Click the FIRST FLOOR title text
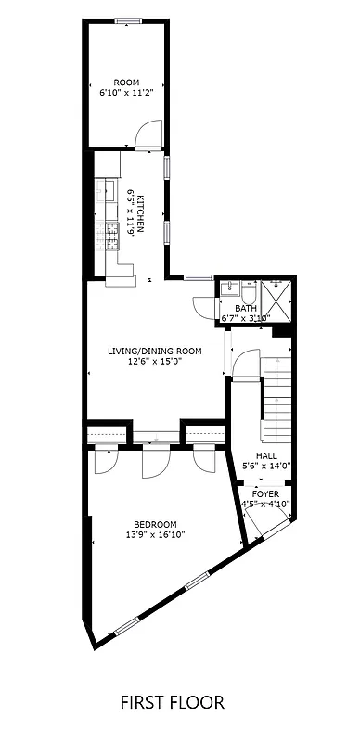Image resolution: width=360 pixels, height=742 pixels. [172, 702]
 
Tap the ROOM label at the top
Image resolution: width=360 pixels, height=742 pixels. [126, 82]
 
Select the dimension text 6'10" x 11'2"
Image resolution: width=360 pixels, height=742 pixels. [126, 93]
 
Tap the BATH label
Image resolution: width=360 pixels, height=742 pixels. [246, 308]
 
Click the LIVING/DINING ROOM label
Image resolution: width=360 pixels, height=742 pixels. [155, 351]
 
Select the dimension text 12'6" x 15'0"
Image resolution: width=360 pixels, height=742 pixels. [155, 362]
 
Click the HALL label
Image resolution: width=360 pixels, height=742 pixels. [267, 455]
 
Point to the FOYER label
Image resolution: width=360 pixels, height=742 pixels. [265, 494]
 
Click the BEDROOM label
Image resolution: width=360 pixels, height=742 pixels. [155, 524]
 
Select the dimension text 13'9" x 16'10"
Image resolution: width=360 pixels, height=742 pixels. [155, 535]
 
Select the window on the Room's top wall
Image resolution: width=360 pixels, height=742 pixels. [127, 20]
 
